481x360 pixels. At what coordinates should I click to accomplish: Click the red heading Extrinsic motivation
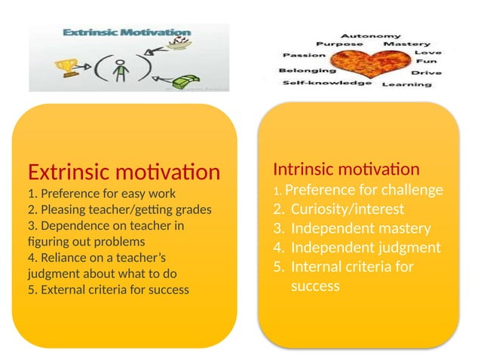tap(124, 172)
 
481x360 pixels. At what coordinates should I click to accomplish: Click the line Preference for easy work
tap(101, 193)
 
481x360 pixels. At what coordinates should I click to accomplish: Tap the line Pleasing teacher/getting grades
tap(119, 209)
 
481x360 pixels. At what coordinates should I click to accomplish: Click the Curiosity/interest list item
tap(348, 209)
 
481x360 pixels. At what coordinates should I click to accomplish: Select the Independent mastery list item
tap(360, 228)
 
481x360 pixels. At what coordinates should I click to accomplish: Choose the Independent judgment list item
tap(365, 247)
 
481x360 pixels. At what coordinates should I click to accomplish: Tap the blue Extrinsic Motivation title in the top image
tap(126, 33)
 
